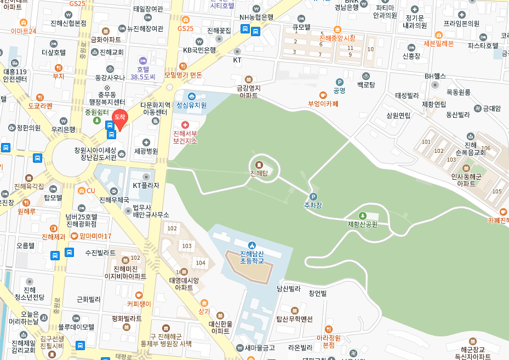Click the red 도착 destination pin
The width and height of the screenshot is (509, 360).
click(120, 118)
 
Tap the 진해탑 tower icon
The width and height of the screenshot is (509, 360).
click(258, 164)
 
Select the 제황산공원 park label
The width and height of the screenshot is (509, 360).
click(362, 224)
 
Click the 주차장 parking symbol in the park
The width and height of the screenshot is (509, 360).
click(313, 197)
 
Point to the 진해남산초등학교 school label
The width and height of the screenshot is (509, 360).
click(251, 257)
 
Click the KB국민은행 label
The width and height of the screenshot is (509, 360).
click(199, 50)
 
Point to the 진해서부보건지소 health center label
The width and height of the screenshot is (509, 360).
click(185, 137)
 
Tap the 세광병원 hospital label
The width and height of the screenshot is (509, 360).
click(146, 151)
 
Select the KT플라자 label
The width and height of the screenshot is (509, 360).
click(146, 185)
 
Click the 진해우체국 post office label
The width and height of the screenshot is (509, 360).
click(114, 200)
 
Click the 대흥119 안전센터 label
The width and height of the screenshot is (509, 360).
click(15, 75)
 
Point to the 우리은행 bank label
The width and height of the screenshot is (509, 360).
click(63, 129)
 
